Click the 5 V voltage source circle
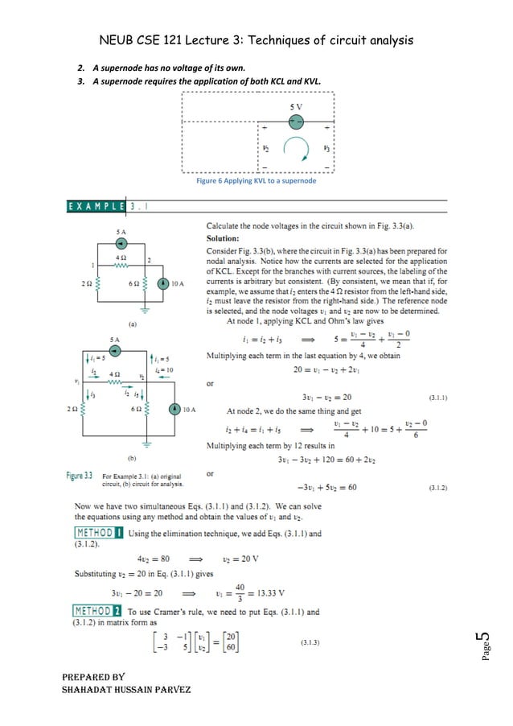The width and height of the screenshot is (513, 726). (296, 120)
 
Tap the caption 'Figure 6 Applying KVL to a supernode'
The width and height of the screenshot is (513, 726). (256, 181)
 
